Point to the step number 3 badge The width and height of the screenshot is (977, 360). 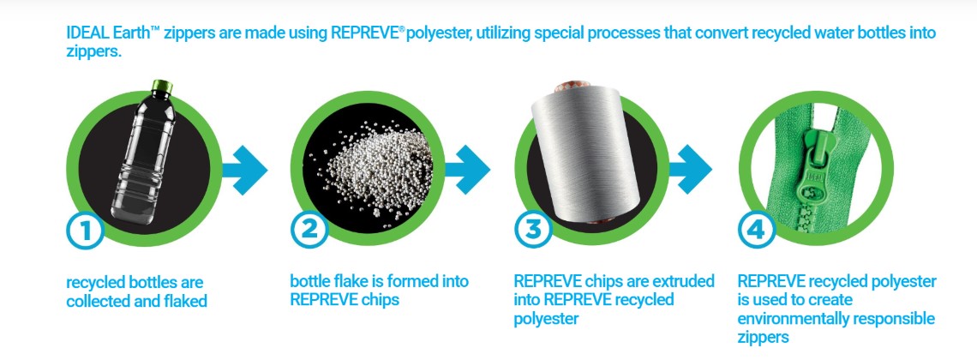pos(533,230)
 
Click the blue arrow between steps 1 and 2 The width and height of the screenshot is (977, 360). pos(245,170)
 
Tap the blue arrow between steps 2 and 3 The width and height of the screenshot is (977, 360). pos(467,170)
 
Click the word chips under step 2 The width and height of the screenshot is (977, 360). pos(379,300)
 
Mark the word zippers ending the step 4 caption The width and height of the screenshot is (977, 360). pos(764,339)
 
